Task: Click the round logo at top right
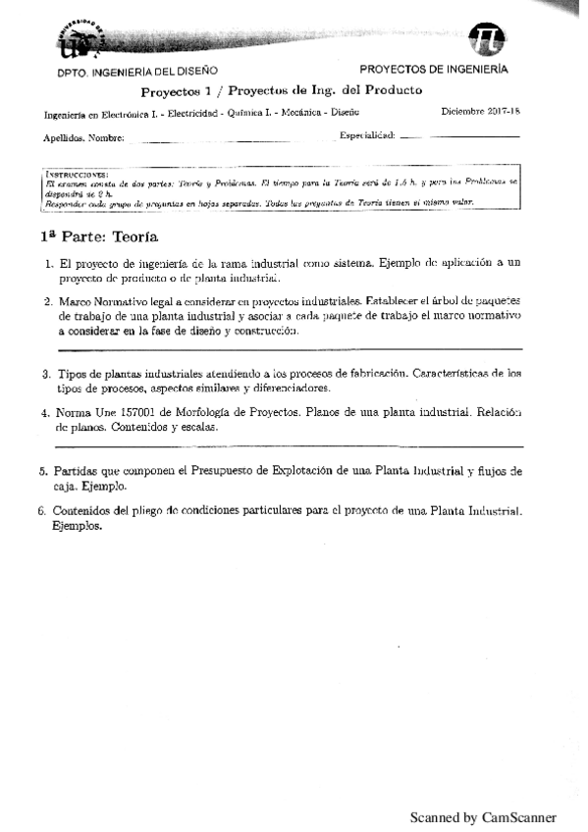pos(488,38)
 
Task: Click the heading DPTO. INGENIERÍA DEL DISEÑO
pos(137,72)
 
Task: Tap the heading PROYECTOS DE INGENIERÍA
pos(434,70)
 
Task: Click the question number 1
pos(49,263)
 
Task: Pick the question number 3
pos(46,374)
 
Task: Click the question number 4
pos(46,413)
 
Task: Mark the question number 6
pos(42,511)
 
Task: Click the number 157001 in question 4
pos(148,413)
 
